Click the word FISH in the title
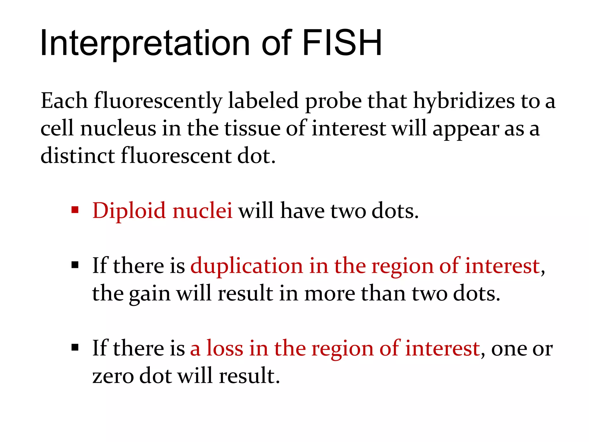point(342,43)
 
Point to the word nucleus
point(118,128)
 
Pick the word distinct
point(78,156)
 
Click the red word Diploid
point(129,211)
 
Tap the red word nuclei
point(202,211)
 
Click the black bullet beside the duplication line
point(75,265)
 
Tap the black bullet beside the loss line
point(75,348)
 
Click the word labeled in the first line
point(263,101)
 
